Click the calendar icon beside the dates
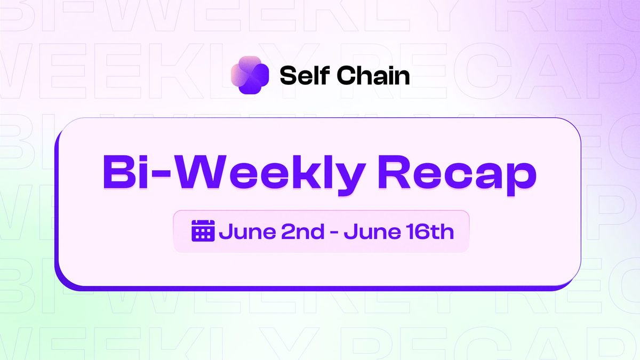[203, 231]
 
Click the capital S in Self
[287, 76]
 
